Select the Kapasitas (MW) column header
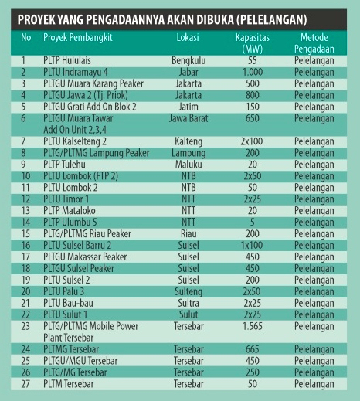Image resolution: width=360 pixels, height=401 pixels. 252,42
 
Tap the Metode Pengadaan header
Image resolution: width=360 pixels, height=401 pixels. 315,42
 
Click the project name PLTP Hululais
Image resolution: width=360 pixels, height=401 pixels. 76,59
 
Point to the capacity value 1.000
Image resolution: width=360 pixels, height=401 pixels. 252,71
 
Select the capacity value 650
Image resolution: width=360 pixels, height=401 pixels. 252,118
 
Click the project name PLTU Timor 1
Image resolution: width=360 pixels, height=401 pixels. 72,199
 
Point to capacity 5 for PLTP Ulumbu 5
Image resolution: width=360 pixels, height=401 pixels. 252,222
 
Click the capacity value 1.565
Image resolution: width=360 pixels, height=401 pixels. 252,326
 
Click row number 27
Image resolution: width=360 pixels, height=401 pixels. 24,384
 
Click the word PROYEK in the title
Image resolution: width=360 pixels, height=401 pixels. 36,17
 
